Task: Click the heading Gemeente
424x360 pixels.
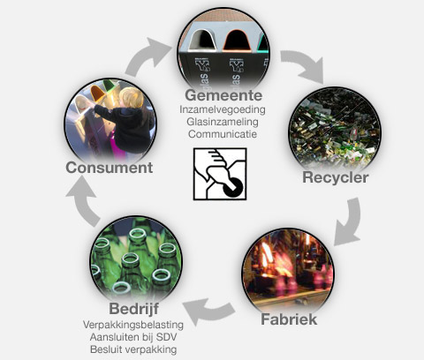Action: [223, 95]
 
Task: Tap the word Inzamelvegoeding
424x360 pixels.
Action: [223, 109]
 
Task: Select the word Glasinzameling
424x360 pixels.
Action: [223, 122]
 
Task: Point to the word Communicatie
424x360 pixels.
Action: [223, 134]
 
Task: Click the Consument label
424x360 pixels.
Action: [110, 168]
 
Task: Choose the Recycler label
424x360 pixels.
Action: [336, 177]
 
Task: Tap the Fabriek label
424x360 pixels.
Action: [289, 319]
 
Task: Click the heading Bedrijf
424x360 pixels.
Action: [134, 309]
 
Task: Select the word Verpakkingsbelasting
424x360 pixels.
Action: [133, 325]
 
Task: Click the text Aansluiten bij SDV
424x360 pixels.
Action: [133, 337]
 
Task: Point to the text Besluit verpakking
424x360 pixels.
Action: [133, 349]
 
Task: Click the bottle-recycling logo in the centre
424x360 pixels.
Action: [220, 174]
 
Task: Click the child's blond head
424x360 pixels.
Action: [131, 98]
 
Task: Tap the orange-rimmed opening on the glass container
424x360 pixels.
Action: [237, 41]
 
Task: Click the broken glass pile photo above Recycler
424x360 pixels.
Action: [335, 129]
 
